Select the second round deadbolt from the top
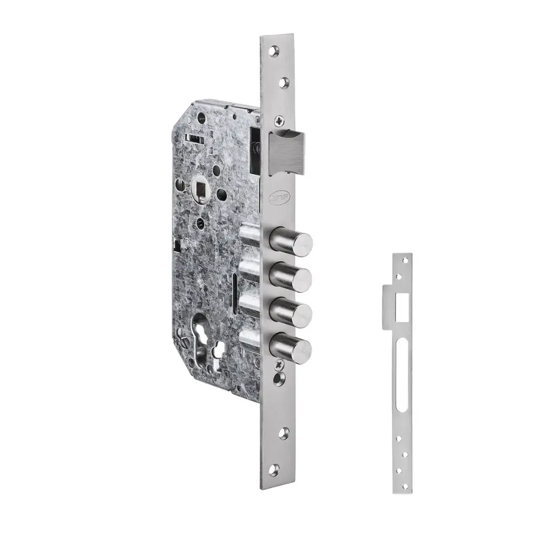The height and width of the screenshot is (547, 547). tap(291, 277)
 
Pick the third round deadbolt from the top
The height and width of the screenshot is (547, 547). tap(291, 312)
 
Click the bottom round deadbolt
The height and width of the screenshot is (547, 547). tap(291, 348)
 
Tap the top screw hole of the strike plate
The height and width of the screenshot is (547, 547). tap(404, 260)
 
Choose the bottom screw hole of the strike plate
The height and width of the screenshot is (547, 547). tap(404, 486)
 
